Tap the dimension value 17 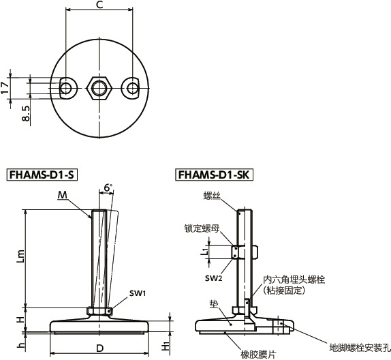(x=5, y=87)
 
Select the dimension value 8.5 (x=25, y=113)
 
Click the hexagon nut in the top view (x=99, y=87)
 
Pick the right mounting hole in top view (x=130, y=87)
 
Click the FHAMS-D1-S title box (x=41, y=175)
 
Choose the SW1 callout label (x=138, y=292)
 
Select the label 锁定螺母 (x=200, y=229)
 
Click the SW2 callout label (x=214, y=278)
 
